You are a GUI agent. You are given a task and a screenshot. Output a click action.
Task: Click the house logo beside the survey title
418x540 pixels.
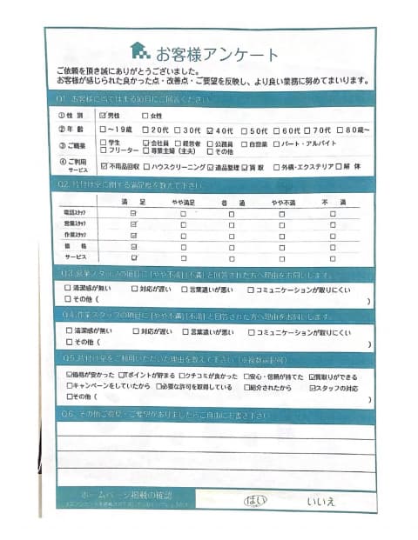(x=139, y=51)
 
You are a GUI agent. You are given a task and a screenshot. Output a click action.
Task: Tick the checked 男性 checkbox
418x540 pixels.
(x=104, y=115)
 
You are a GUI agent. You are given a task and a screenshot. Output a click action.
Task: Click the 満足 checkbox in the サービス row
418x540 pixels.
(x=133, y=258)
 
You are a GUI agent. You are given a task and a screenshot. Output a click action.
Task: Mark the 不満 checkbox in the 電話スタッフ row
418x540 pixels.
(x=332, y=212)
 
